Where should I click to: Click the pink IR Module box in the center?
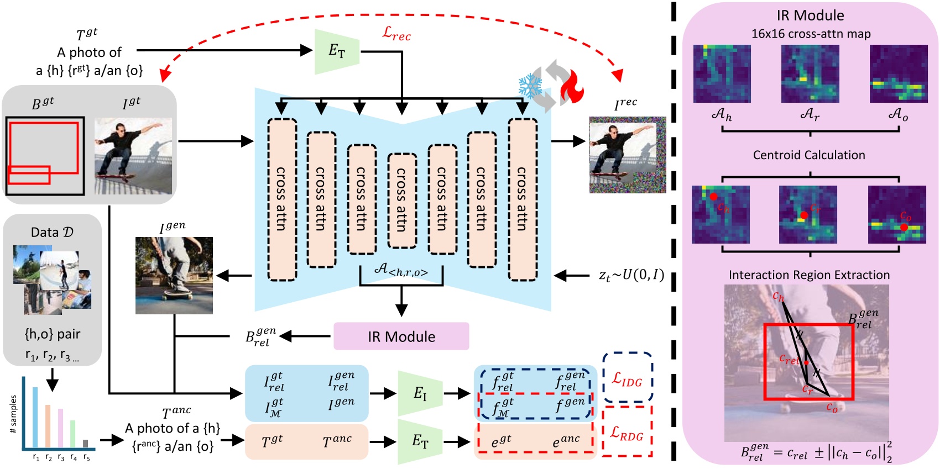(401, 336)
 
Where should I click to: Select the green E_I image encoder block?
(420, 393)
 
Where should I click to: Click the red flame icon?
(572, 87)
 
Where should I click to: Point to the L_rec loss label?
(396, 34)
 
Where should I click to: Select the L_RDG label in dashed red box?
(626, 433)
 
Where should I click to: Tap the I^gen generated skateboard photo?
(174, 275)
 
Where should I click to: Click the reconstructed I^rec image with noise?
(627, 155)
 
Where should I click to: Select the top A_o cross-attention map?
(898, 73)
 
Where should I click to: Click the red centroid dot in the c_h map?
(714, 197)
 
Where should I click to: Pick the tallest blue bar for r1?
(35, 418)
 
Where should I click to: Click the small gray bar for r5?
(85, 443)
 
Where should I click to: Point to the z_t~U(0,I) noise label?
(631, 275)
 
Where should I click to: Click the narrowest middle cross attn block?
(402, 200)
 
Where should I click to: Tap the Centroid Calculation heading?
(808, 155)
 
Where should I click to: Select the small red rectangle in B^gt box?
(29, 175)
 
